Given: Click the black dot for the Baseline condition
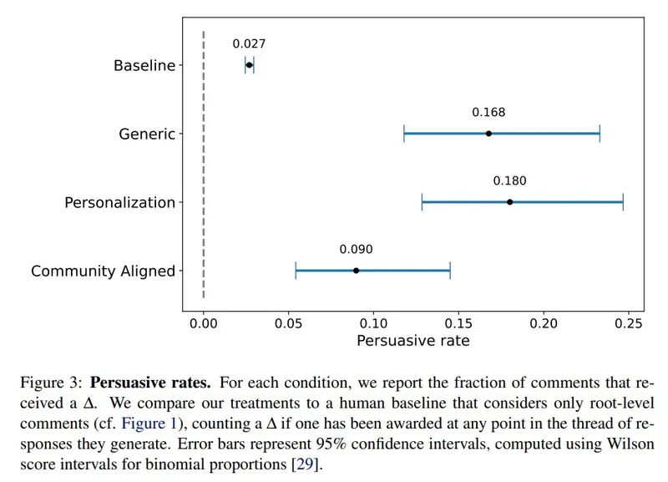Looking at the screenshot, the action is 249,65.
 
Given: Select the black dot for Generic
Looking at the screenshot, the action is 488,134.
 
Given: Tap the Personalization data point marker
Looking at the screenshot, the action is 509,202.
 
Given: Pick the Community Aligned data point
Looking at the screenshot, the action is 357,271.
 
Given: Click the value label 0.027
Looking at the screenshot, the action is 249,44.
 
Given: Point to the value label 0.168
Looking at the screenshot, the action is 488,113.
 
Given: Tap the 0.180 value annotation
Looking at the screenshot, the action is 509,180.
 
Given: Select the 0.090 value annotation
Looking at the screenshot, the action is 357,249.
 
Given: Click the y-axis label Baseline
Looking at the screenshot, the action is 144,66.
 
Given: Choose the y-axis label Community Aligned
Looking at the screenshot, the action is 103,271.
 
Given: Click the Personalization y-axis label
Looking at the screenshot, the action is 119,202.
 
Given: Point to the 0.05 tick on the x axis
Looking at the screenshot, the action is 288,323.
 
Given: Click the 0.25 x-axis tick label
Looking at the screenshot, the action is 629,323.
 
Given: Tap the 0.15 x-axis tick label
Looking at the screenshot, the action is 458,323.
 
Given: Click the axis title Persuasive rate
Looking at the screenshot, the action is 413,341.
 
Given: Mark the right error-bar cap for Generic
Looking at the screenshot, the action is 600,134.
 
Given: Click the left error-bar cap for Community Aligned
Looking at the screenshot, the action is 296,271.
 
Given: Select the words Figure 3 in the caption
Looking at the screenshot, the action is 51,383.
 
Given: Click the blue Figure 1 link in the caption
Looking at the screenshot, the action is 149,424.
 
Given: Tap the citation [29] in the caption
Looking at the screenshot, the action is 305,464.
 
